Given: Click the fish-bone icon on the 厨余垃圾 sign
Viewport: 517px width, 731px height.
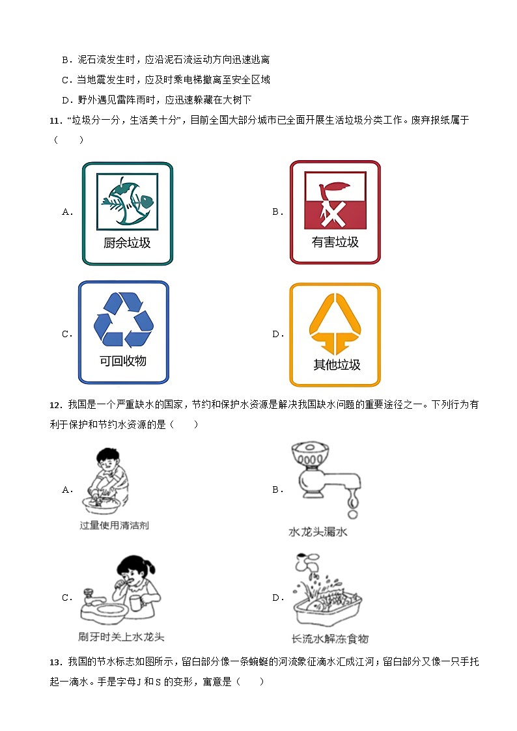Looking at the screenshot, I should pyautogui.click(x=128, y=201).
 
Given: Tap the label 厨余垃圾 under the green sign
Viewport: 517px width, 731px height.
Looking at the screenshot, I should pyautogui.click(x=127, y=243).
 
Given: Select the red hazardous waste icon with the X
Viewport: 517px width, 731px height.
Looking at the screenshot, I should pyautogui.click(x=335, y=200).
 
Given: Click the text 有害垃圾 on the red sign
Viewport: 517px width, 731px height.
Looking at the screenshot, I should pyautogui.click(x=335, y=242).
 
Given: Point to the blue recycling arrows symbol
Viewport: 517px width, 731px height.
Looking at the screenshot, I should pyautogui.click(x=124, y=319).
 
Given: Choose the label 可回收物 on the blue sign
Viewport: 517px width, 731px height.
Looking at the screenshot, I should pyautogui.click(x=123, y=361).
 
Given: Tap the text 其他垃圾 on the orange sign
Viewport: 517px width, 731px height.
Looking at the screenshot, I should pyautogui.click(x=335, y=365).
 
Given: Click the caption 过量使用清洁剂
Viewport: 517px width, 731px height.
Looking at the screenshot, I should pyautogui.click(x=114, y=525).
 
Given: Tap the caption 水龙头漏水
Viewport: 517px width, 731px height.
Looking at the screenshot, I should pyautogui.click(x=318, y=532).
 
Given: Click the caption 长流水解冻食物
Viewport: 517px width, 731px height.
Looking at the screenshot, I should pyautogui.click(x=329, y=639).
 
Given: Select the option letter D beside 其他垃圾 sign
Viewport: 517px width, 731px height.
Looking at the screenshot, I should pyautogui.click(x=276, y=334).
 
